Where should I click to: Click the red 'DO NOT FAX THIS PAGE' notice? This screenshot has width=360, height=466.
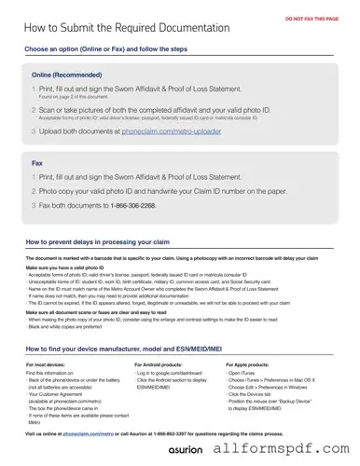tap(312, 18)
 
